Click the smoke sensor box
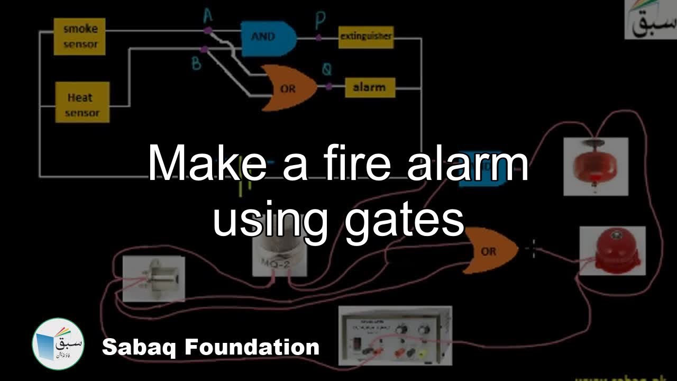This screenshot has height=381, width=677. (x=79, y=37)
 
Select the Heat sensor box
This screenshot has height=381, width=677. (x=83, y=102)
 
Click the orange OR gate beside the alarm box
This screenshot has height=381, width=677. (x=289, y=88)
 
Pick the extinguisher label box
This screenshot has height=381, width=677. (x=365, y=37)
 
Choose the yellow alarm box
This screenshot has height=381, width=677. (x=370, y=87)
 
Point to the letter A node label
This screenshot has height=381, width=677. (x=207, y=16)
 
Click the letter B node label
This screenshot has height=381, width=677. (x=197, y=63)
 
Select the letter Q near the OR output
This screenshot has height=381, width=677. (x=327, y=70)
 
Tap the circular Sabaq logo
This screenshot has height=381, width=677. (x=58, y=343)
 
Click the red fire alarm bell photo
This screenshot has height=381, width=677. (x=612, y=251)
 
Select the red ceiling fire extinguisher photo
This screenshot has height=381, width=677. (x=596, y=166)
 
